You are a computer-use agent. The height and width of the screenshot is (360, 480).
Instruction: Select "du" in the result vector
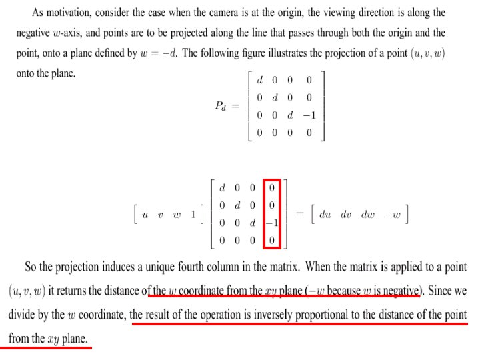pos(325,214)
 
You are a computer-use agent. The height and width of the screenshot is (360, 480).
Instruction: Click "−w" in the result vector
pos(394,214)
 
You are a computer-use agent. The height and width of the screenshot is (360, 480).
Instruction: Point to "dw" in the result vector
pos(369,214)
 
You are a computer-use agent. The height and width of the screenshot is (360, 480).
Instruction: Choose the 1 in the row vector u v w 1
pos(193,214)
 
